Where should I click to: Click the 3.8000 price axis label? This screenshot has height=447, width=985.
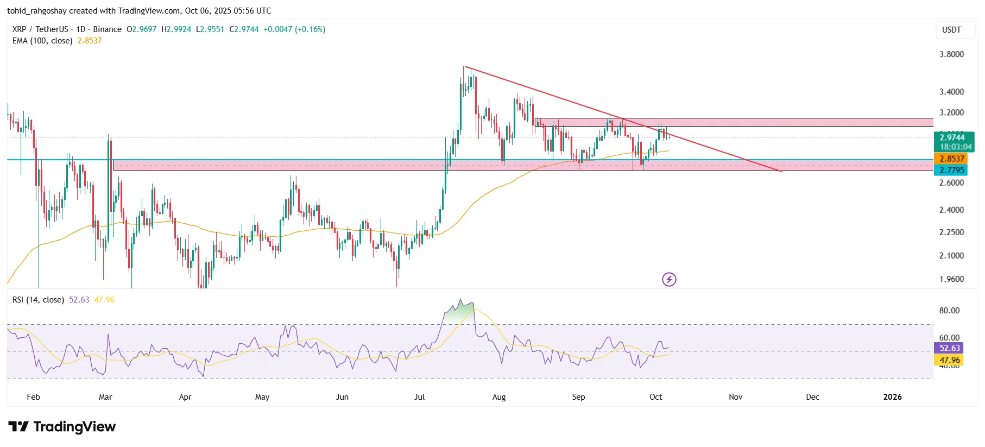tap(951, 54)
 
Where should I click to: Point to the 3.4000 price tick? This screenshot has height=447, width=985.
tap(951, 92)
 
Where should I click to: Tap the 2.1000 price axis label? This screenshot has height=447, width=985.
tap(951, 256)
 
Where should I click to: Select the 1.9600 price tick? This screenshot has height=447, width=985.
tap(951, 279)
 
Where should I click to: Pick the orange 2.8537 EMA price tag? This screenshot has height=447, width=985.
tap(952, 159)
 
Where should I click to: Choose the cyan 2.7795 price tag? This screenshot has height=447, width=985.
tap(952, 170)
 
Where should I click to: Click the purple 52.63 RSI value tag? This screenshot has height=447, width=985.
tap(950, 348)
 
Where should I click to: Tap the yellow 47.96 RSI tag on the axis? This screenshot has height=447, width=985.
tap(950, 360)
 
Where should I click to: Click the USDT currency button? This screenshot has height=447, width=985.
tap(951, 30)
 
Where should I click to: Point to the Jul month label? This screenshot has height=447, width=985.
tap(419, 397)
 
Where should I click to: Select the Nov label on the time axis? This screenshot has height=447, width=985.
tap(735, 397)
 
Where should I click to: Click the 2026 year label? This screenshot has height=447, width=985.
tap(892, 397)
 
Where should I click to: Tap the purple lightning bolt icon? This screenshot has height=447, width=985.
tap(669, 279)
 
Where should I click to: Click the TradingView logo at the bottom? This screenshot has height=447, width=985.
tap(62, 427)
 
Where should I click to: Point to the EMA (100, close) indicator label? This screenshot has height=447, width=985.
tap(42, 41)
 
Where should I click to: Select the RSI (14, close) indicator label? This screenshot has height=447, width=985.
tap(38, 300)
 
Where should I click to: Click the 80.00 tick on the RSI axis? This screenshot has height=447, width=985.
tap(949, 311)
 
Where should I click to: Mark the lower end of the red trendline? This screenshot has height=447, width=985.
tap(781, 172)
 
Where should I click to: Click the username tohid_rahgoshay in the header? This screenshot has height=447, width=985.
tap(36, 11)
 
